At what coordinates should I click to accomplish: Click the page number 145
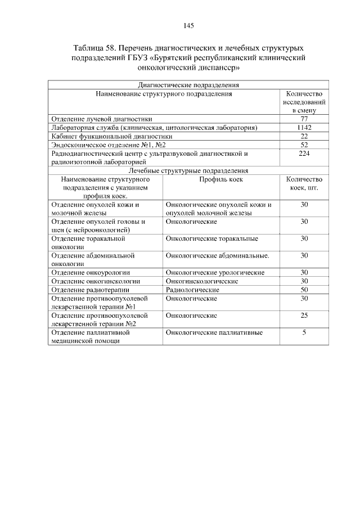[x=188, y=26]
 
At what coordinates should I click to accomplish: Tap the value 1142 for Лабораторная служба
[x=304, y=128]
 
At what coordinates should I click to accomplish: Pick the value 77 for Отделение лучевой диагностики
[x=304, y=119]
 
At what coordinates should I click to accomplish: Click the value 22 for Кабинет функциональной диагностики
[x=304, y=136]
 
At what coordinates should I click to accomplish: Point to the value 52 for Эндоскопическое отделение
[x=304, y=145]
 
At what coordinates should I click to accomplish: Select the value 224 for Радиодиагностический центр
[x=304, y=153]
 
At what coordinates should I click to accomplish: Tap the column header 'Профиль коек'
[x=220, y=179]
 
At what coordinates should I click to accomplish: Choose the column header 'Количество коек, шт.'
[x=304, y=183]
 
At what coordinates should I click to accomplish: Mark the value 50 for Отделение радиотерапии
[x=304, y=289]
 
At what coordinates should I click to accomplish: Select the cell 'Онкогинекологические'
[x=202, y=281]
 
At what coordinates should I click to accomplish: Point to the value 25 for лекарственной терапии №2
[x=304, y=316]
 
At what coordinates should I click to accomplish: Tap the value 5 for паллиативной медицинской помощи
[x=304, y=332]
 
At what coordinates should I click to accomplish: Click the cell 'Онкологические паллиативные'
[x=214, y=332]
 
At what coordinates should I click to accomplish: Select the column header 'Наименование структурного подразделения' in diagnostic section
[x=164, y=94]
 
